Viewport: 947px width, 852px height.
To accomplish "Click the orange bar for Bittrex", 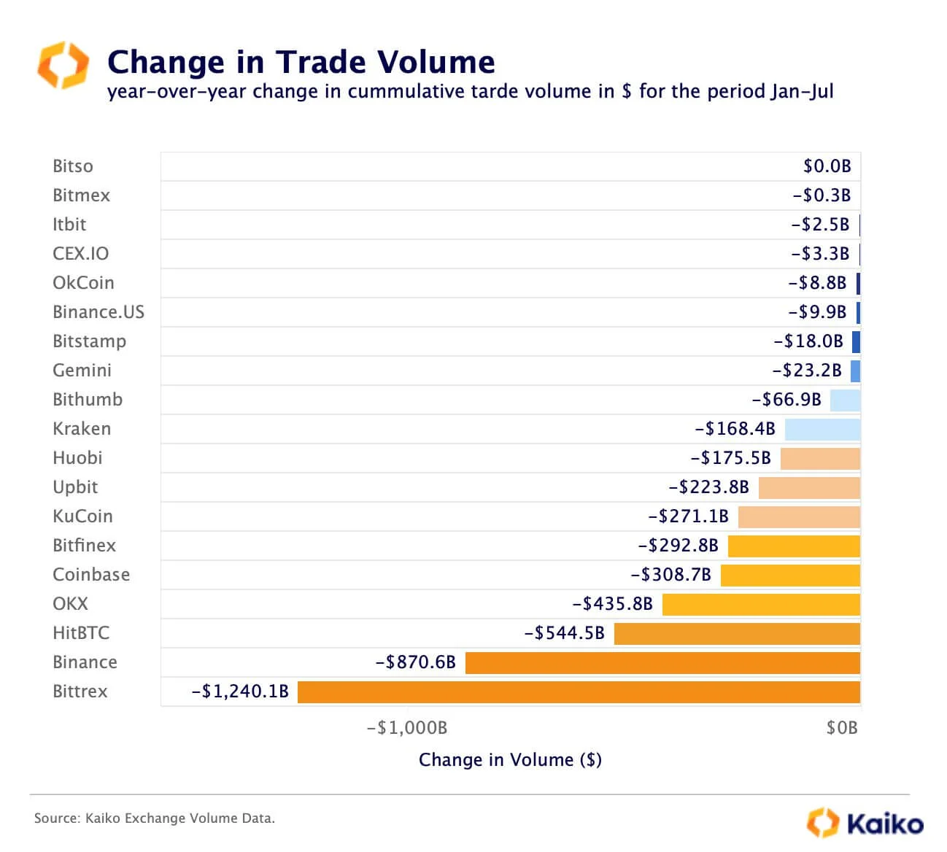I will [579, 692].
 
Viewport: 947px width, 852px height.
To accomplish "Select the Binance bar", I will [662, 662].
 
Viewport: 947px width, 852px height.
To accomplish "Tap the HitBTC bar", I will [737, 633].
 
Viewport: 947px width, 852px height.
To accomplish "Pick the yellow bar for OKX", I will [761, 604].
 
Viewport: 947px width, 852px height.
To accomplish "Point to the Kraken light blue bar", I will [822, 429].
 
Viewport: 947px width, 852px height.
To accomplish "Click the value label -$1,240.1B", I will [240, 692].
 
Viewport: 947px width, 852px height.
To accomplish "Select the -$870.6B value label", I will [415, 662].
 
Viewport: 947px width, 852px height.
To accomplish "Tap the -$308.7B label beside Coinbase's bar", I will [670, 575].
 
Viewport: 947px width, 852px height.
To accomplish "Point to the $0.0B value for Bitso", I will [827, 166].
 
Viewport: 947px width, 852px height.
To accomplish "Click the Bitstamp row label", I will [89, 341].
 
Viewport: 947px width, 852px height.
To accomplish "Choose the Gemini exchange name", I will [82, 371].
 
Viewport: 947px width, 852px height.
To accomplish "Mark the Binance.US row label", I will [98, 312].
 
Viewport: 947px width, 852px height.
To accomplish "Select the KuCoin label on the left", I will [82, 516].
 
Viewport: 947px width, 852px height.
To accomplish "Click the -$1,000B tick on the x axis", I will [407, 728].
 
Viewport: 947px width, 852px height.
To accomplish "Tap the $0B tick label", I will [842, 728].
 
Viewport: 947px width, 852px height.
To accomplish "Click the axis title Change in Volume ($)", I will [510, 760].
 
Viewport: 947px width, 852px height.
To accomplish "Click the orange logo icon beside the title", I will [63, 65].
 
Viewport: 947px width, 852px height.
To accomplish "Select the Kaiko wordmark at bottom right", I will [884, 824].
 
